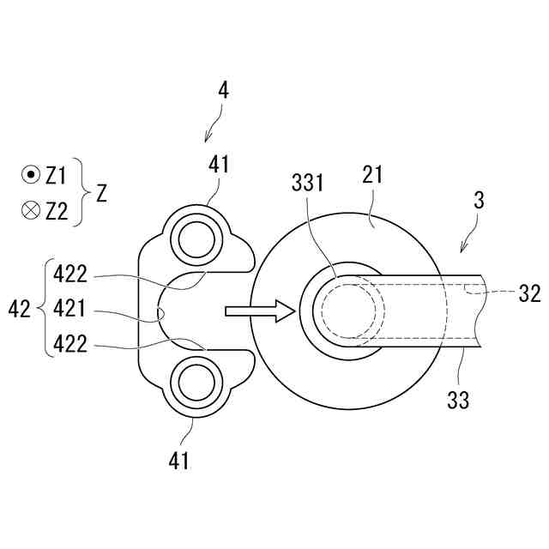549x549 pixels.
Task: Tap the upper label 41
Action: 219,164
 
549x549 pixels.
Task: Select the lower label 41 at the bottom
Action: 178,461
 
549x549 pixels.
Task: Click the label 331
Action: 307,184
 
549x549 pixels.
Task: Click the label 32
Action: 529,293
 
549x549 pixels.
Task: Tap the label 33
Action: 459,400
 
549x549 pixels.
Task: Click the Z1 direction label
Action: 56,176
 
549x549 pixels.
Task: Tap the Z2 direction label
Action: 56,211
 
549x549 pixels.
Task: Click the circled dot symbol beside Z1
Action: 31,176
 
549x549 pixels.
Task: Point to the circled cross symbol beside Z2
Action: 31,211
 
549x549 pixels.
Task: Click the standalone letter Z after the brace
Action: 101,194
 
